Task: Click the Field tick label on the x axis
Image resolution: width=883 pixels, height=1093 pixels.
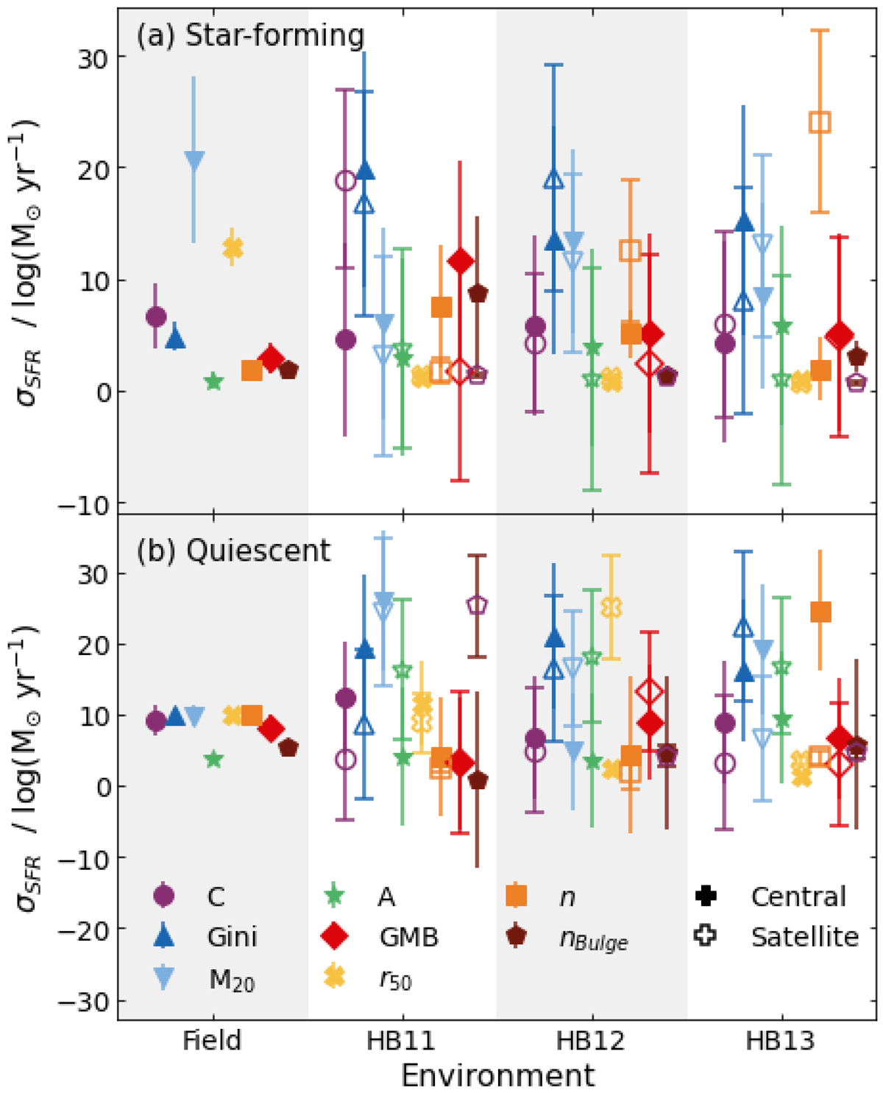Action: [x=212, y=1041]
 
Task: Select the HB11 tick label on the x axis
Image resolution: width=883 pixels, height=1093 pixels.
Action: [x=401, y=1041]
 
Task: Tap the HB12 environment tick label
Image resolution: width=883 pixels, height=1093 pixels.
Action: [x=591, y=1041]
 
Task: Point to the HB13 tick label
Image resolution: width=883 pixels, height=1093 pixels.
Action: [x=780, y=1041]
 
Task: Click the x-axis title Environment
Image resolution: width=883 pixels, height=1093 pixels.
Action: [x=497, y=1075]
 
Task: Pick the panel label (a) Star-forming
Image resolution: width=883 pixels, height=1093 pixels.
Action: [x=250, y=35]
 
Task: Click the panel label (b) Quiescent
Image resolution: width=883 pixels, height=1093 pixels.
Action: [x=234, y=551]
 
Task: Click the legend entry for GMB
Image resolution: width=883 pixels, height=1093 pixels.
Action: [x=408, y=937]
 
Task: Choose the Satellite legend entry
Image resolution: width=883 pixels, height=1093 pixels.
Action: [x=804, y=937]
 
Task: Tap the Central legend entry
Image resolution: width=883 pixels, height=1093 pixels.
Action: [x=798, y=896]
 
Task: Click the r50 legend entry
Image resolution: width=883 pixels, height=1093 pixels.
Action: [x=395, y=980]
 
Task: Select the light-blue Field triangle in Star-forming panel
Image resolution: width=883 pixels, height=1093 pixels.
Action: [x=194, y=160]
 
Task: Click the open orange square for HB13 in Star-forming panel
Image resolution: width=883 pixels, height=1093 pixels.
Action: [x=820, y=122]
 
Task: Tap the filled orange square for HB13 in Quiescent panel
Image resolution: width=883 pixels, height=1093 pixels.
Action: [x=820, y=612]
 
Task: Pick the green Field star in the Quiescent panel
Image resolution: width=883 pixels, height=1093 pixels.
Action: [x=213, y=759]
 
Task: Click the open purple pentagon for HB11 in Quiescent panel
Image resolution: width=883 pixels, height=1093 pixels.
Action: [x=477, y=605]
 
